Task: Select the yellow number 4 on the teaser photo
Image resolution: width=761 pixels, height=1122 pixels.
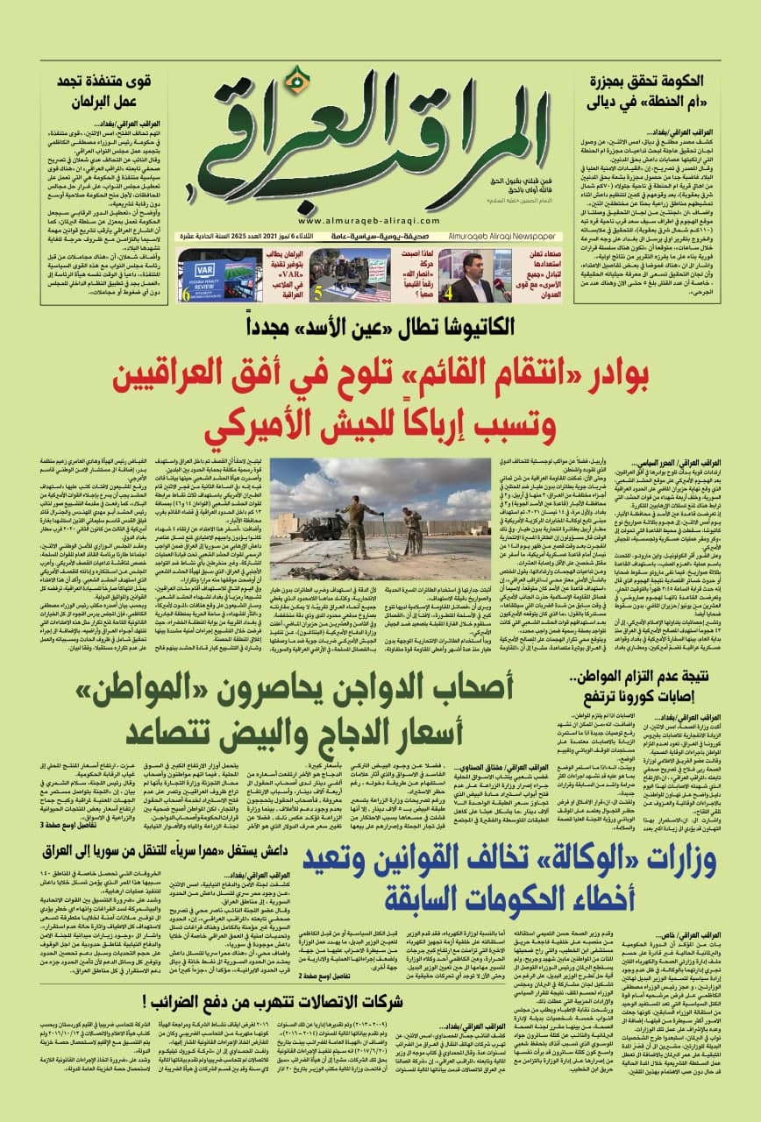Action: [455, 294]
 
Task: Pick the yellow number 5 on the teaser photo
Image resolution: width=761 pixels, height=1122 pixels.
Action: [316, 294]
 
